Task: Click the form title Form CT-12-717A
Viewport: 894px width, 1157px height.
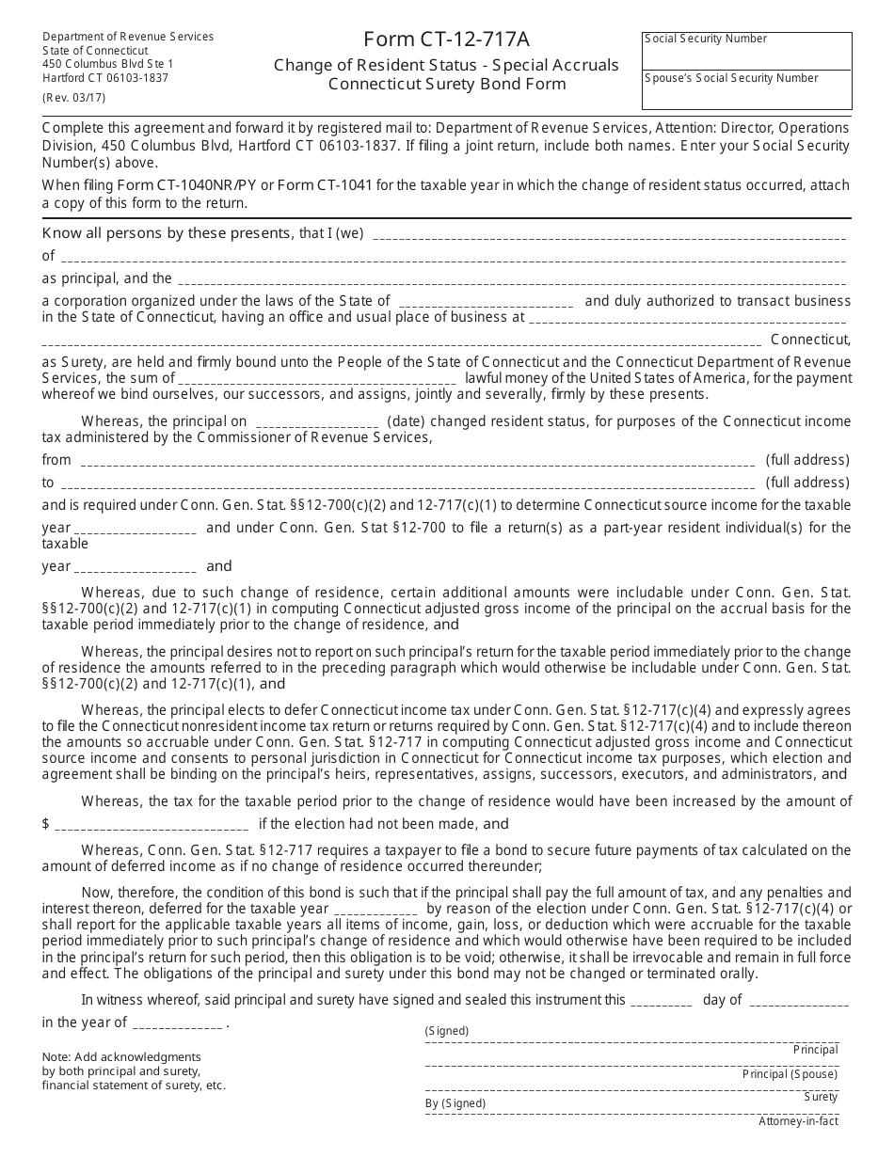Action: (x=446, y=40)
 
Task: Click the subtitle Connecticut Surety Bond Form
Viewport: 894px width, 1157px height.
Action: (x=447, y=84)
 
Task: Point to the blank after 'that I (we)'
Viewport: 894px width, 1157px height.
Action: (x=609, y=236)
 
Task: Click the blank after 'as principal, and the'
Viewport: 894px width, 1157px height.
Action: (x=511, y=280)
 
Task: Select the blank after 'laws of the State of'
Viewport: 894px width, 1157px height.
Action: (x=486, y=303)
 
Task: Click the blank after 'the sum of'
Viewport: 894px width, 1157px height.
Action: (x=317, y=380)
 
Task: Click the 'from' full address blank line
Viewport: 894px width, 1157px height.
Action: (x=417, y=462)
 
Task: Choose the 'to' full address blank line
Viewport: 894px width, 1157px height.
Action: (x=407, y=484)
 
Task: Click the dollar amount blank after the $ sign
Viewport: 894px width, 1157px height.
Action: (x=152, y=826)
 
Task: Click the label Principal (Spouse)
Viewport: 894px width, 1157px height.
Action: (x=790, y=1074)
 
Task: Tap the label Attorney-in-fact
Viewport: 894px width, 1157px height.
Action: (x=798, y=1121)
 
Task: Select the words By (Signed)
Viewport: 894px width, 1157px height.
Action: (x=455, y=1103)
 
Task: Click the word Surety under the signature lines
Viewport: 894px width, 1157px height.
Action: (x=821, y=1097)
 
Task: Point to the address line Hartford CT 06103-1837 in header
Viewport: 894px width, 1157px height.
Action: (x=105, y=78)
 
